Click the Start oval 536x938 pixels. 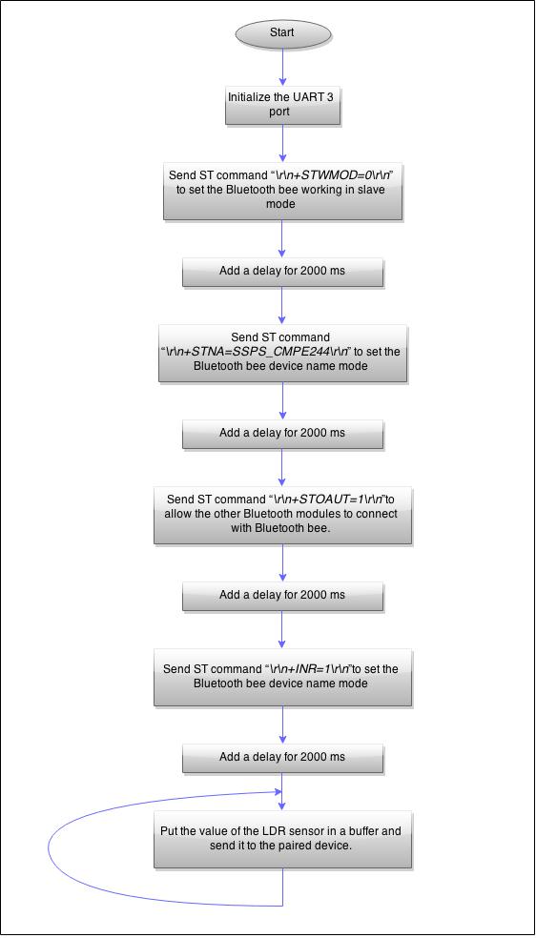tap(282, 33)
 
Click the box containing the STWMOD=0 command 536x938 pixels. tap(282, 190)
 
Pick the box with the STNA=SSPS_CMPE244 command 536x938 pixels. tap(282, 352)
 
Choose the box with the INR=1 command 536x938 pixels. tap(282, 676)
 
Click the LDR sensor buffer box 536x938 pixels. tap(282, 839)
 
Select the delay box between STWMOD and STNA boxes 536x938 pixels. tap(282, 271)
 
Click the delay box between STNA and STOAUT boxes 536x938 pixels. tap(282, 432)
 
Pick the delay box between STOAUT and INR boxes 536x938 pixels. tap(282, 595)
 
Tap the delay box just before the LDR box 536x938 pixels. tap(282, 757)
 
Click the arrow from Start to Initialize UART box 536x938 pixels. tap(282, 66)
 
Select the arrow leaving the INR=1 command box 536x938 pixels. tap(282, 724)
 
